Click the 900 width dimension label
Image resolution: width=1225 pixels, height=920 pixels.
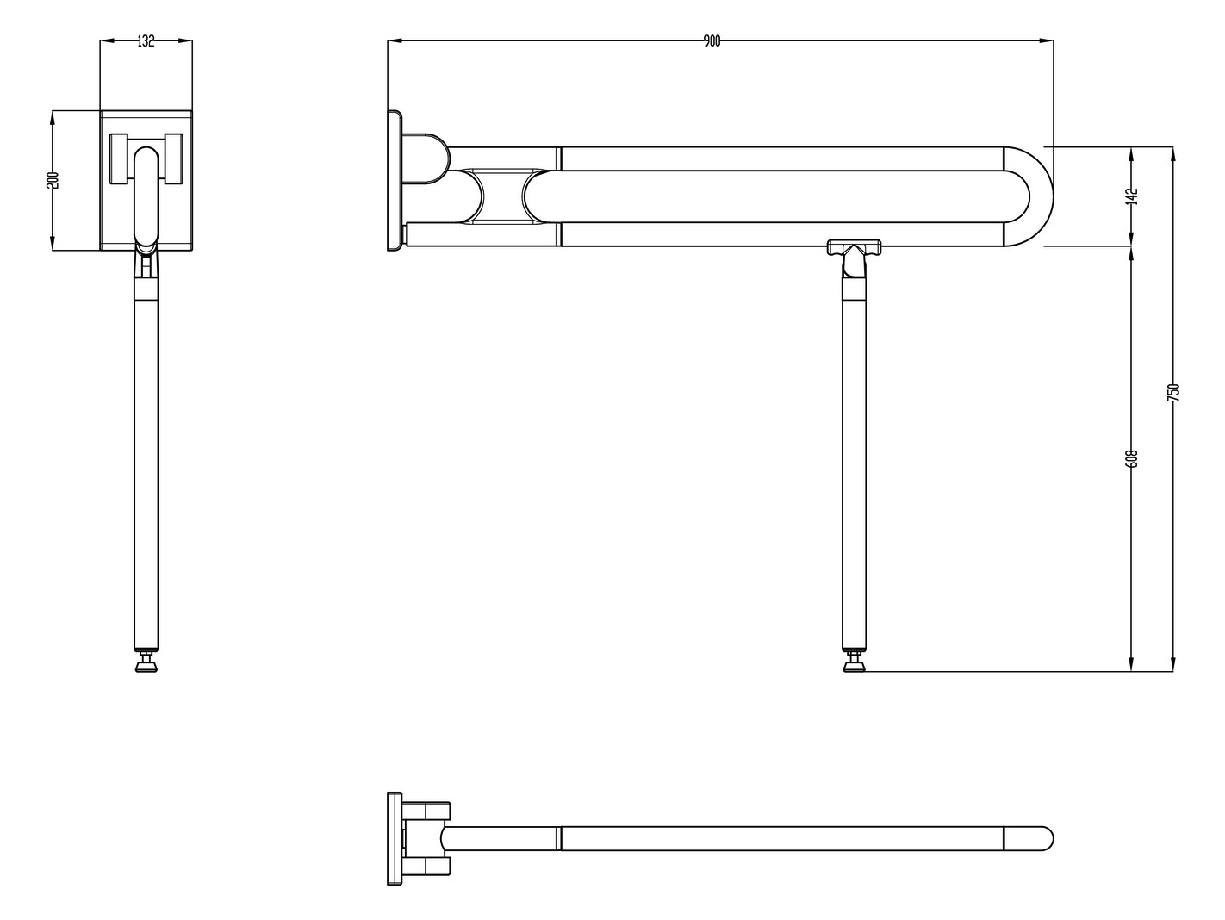(x=712, y=41)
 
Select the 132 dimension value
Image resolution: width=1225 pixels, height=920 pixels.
(x=146, y=41)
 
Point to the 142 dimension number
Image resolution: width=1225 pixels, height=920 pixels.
(x=1132, y=196)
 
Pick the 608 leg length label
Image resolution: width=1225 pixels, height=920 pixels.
(x=1132, y=457)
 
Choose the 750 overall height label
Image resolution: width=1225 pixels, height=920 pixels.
(x=1172, y=392)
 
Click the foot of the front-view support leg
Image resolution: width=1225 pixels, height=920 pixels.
(x=854, y=663)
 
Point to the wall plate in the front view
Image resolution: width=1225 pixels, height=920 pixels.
(x=395, y=181)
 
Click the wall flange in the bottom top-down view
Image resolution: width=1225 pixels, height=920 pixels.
(x=395, y=838)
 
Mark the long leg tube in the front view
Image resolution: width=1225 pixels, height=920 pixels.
(x=854, y=474)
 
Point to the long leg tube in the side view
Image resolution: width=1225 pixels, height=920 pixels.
(x=146, y=474)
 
